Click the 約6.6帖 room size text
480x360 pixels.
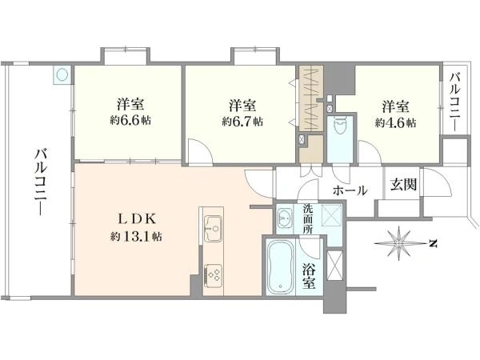click(130, 121)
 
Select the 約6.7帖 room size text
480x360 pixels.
click(242, 122)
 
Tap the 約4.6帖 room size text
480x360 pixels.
click(395, 122)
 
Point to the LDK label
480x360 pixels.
click(138, 219)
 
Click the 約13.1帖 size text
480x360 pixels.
click(136, 236)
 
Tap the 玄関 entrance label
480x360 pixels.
click(403, 185)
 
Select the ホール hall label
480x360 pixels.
click(350, 190)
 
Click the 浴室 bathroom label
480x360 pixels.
click(309, 276)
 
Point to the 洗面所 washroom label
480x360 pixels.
click(308, 219)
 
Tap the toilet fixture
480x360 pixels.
click(339, 126)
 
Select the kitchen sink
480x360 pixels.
click(213, 228)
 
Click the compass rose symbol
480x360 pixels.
click(398, 243)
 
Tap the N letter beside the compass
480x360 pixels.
click(433, 244)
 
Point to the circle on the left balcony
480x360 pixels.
click(62, 74)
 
